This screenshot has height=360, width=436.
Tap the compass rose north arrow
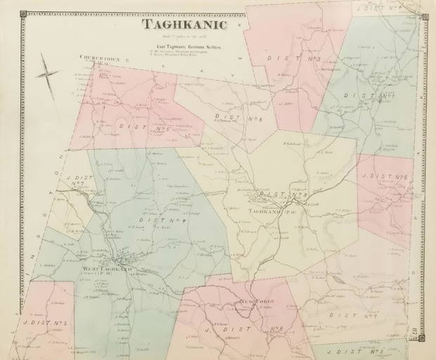(x=48, y=75)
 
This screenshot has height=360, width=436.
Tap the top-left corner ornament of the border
(x=23, y=14)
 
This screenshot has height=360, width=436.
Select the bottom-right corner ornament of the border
(x=422, y=338)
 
